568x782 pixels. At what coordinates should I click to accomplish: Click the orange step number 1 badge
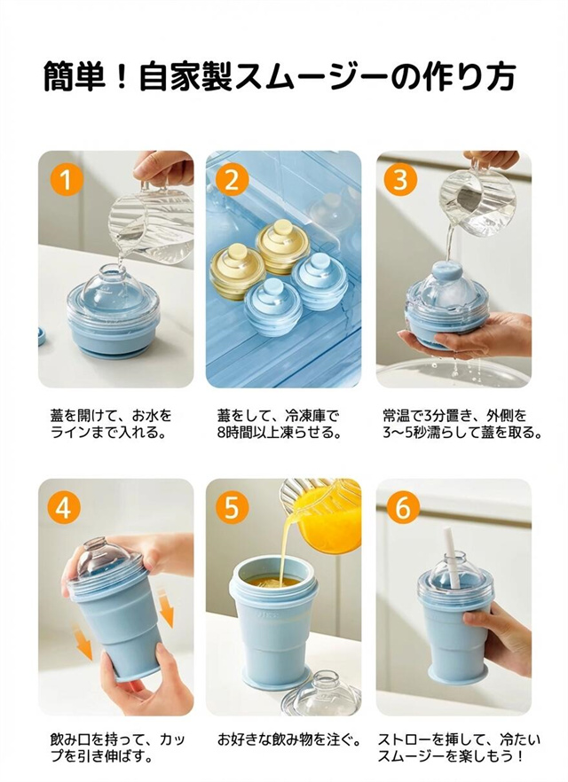(x=67, y=179)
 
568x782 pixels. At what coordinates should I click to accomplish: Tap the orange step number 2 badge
(x=233, y=179)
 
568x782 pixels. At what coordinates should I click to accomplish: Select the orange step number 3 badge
(x=401, y=179)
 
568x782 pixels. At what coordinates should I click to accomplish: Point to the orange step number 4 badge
(x=63, y=508)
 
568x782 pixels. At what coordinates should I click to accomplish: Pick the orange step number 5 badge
(x=233, y=508)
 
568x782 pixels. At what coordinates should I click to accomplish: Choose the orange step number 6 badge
(x=402, y=508)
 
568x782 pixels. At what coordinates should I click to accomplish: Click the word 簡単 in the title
(x=75, y=76)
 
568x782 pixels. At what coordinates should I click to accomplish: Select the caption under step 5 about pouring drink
(x=289, y=739)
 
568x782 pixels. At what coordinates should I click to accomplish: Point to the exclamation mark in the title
(x=123, y=76)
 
